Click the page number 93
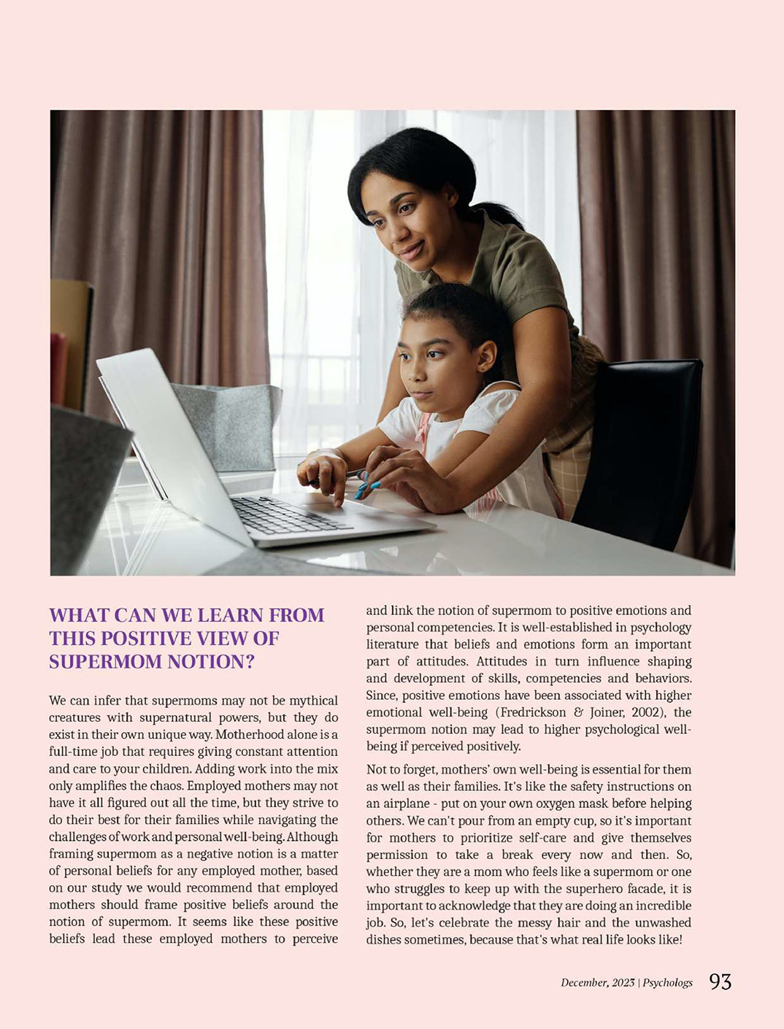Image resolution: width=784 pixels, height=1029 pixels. point(720,982)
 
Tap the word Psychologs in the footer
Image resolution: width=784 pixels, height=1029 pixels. point(667,983)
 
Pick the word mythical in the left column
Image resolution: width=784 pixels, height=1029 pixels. point(310,701)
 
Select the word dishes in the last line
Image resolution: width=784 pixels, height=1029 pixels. point(383,940)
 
